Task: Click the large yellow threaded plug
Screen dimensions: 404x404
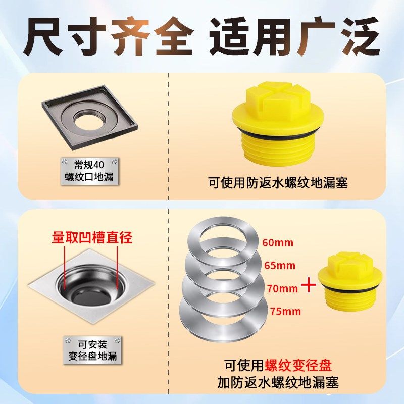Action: click(277, 129)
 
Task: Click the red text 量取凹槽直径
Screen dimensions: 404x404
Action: click(92, 237)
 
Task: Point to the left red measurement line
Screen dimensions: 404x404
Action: click(65, 268)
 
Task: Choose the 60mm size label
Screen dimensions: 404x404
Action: click(277, 242)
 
